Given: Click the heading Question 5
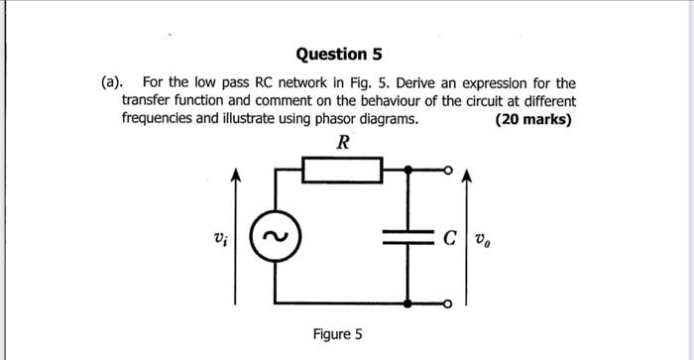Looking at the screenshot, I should pos(339,54).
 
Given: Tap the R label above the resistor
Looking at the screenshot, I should pos(342,143).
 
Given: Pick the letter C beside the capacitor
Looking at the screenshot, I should pos(450,238).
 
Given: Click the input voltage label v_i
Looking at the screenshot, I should pos(220,238).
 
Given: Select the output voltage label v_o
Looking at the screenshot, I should pos(483,239).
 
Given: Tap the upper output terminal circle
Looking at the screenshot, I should pos(449,171).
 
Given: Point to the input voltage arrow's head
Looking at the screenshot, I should pos(235,176).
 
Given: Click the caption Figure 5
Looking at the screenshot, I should pos(337,334).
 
